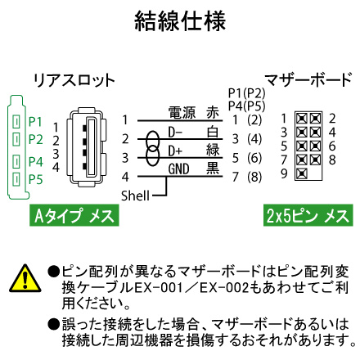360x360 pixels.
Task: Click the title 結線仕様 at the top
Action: (180, 21)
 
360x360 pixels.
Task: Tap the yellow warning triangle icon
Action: (25, 278)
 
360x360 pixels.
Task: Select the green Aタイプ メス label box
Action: (74, 215)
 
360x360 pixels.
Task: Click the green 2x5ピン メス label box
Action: (308, 215)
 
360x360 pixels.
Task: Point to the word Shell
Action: (135, 196)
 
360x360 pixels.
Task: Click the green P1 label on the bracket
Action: (35, 122)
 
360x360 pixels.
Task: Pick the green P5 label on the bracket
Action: (36, 179)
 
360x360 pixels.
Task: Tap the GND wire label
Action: (178, 169)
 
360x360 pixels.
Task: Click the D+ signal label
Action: (175, 151)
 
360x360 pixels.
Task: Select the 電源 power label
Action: (182, 113)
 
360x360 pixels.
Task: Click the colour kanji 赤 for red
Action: (213, 113)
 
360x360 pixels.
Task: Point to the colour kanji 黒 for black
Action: (213, 169)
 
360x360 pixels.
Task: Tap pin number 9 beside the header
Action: (284, 173)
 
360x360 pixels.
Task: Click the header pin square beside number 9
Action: (302, 173)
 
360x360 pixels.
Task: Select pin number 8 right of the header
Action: (332, 160)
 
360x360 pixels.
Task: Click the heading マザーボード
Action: (308, 79)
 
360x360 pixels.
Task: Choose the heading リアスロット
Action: (74, 80)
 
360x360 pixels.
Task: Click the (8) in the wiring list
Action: (254, 177)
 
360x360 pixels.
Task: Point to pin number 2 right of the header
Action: (332, 119)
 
